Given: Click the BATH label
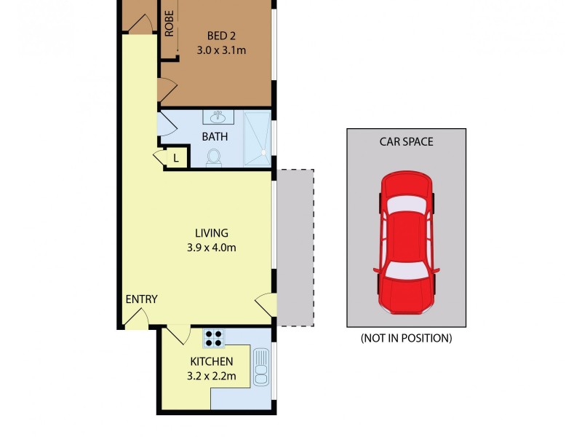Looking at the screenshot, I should coord(215,136).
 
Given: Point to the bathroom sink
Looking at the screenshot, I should coord(218,117).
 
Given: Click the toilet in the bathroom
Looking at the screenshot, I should coord(214,157).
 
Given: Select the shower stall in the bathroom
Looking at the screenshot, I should coord(257,135).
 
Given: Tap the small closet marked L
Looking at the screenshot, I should coord(176,157).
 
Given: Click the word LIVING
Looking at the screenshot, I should coord(212,233).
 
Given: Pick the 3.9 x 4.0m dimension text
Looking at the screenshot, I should coord(212,248).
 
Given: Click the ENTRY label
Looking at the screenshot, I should coord(141,299).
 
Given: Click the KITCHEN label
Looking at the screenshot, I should coord(211,361).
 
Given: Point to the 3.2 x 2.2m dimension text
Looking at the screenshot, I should coord(211,376).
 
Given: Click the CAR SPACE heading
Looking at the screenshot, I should coord(406,141).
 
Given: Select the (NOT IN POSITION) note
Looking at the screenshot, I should coord(406,338).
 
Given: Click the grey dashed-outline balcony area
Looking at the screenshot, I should coord(295,248).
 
